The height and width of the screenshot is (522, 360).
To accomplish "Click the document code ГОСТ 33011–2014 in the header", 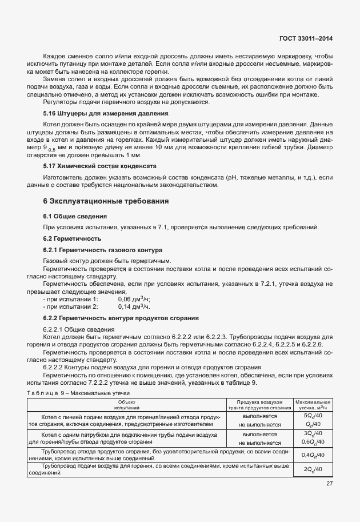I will point(307,38).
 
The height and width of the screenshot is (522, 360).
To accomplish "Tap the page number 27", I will point(330,484).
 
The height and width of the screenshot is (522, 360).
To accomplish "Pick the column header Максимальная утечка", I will point(313,405).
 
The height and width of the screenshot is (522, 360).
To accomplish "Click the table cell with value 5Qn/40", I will point(313,416).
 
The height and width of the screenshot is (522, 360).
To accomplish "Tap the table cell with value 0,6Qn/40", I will point(313,442).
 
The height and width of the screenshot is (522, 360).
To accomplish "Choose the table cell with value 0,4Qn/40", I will point(313,455).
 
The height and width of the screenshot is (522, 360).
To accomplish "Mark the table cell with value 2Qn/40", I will point(313,469).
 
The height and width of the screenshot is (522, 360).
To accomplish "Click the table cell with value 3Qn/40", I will point(313,434).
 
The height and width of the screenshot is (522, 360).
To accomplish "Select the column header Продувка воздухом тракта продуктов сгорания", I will point(259,405).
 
